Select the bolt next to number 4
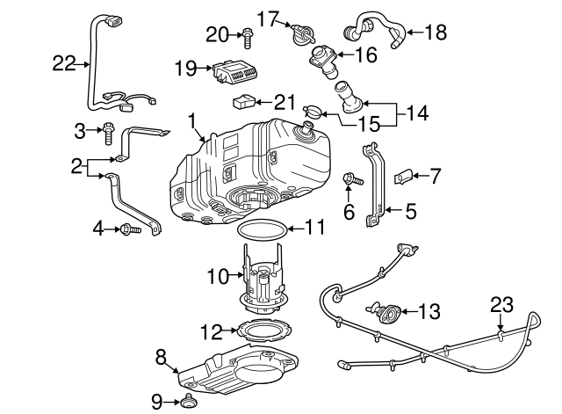(x=128, y=230)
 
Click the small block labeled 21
(x=245, y=103)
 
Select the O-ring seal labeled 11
(x=261, y=230)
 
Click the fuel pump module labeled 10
(x=261, y=280)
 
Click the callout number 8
(x=161, y=356)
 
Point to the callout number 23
(x=501, y=305)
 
